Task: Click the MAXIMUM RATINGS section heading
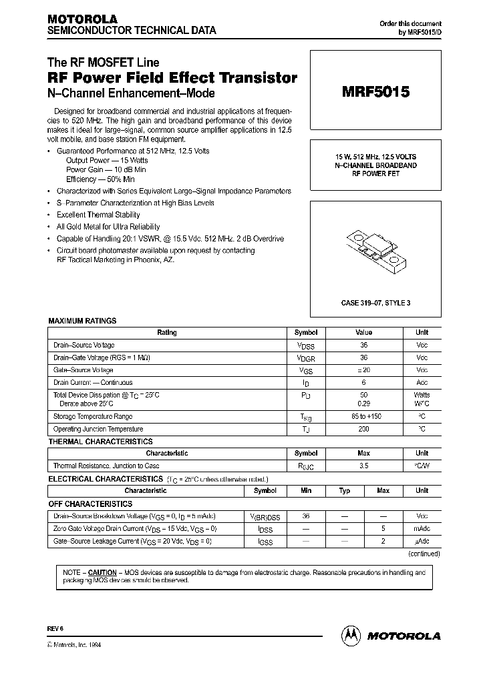click(82, 321)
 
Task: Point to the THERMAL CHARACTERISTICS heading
click(100, 442)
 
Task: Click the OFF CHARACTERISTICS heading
click(90, 504)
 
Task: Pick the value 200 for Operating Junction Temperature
click(363, 429)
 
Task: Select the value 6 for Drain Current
click(363, 382)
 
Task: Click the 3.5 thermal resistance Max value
click(363, 466)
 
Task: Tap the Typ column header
click(345, 490)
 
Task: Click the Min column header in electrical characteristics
click(306, 490)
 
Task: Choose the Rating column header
click(167, 332)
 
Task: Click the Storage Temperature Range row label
click(93, 416)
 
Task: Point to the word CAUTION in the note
click(102, 572)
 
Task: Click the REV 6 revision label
click(55, 629)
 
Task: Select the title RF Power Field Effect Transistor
click(172, 77)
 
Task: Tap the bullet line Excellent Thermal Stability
click(98, 215)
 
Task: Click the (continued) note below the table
click(424, 553)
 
